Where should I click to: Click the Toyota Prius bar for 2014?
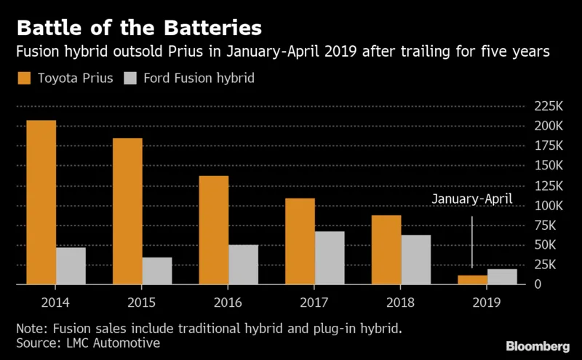[x=41, y=202]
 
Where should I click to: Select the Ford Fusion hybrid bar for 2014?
[x=71, y=265]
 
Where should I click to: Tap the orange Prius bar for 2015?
[x=127, y=211]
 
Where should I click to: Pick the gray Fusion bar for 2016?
[x=243, y=264]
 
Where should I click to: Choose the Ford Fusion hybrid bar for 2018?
[x=415, y=259]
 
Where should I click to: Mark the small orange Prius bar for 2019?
[x=472, y=279]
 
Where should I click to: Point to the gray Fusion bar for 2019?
[x=501, y=276]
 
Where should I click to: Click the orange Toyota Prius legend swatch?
[x=23, y=78]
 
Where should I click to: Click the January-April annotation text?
[x=472, y=198]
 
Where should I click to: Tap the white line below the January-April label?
[x=472, y=240]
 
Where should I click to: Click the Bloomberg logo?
[x=538, y=345]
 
